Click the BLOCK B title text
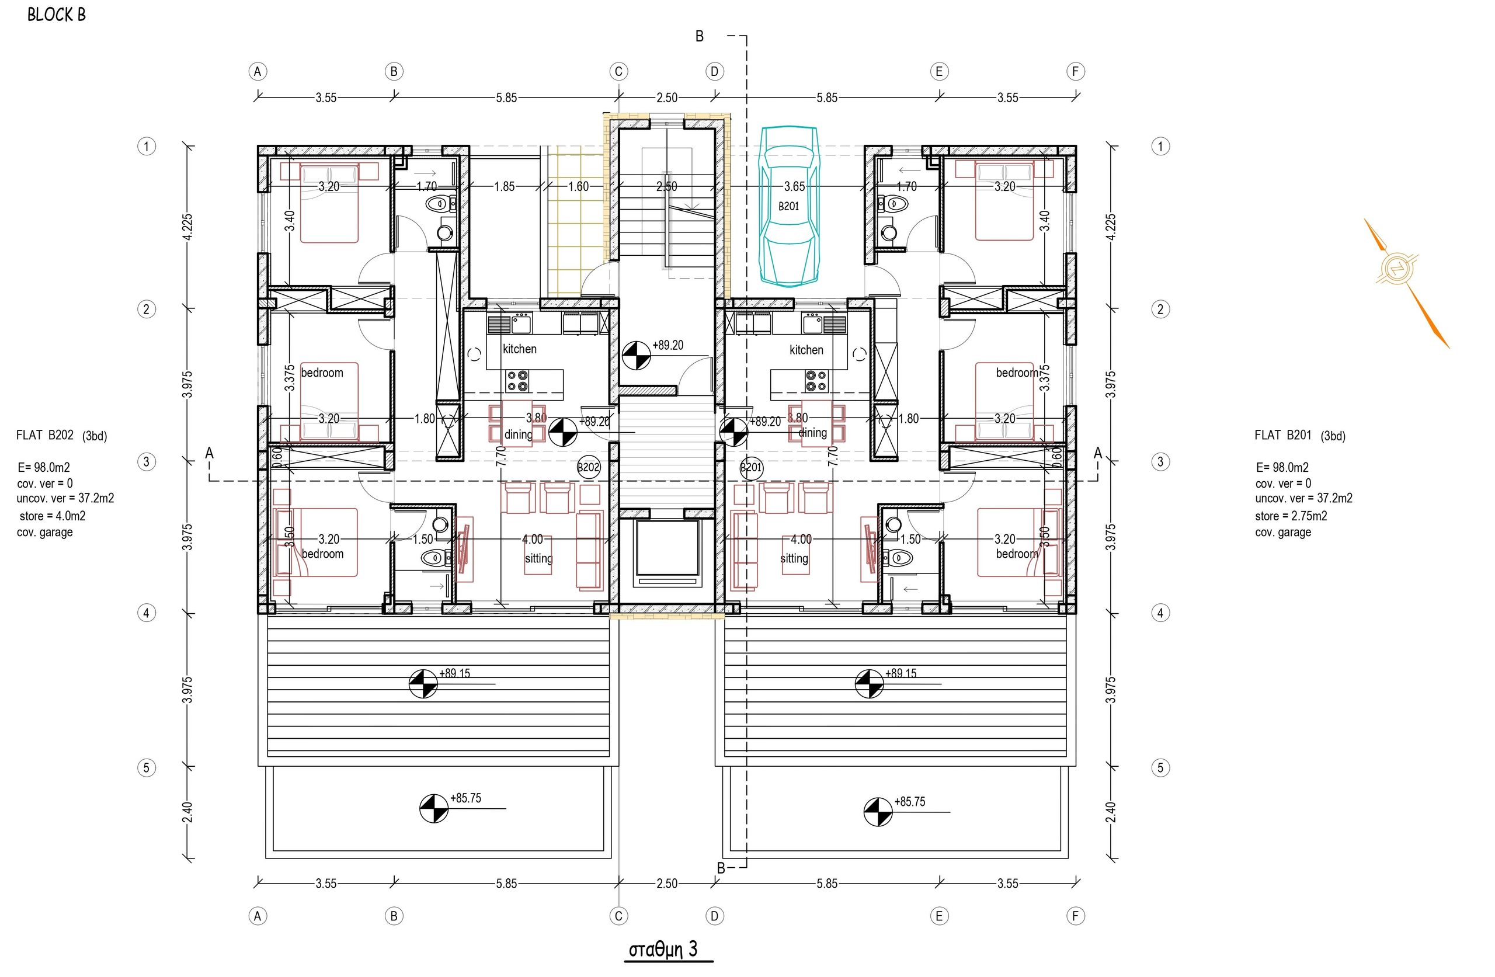(x=57, y=15)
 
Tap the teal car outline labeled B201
(x=788, y=206)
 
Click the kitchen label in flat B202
(x=520, y=349)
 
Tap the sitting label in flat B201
(x=794, y=558)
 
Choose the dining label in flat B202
(x=518, y=434)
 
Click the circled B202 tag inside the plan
(x=589, y=467)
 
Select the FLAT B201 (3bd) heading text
(x=1299, y=436)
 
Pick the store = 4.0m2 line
(x=52, y=516)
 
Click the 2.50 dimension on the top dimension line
(x=667, y=98)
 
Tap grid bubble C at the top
(x=618, y=72)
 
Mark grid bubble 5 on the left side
(x=147, y=767)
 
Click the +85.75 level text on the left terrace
(x=465, y=798)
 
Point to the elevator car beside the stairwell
(x=666, y=553)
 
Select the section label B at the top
(x=699, y=36)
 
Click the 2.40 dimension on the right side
(x=1111, y=812)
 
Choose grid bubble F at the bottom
(x=1075, y=916)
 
